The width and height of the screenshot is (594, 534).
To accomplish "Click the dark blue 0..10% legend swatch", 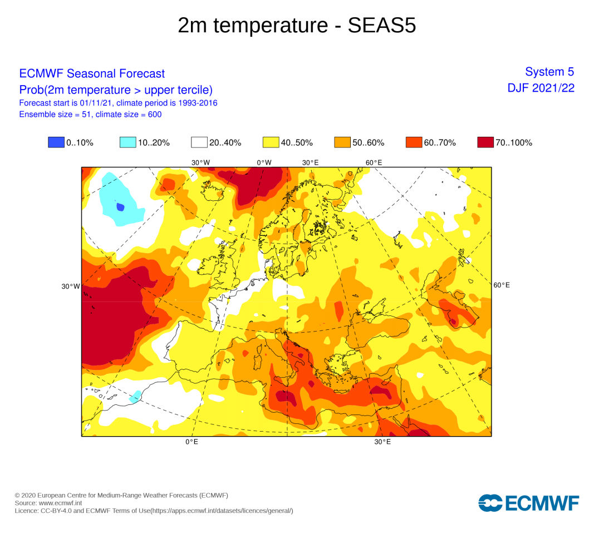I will click(x=56, y=142).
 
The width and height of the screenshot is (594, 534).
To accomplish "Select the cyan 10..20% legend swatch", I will click(x=128, y=142).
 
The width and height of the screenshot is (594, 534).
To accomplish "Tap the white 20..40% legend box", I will click(x=199, y=142).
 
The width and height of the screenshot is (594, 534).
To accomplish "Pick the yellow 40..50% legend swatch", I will click(x=271, y=142).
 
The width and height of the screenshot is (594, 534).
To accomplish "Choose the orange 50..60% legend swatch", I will click(x=342, y=142).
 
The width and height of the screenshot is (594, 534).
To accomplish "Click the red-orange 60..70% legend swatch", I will click(x=414, y=142).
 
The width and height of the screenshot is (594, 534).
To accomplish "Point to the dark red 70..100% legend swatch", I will click(x=485, y=142).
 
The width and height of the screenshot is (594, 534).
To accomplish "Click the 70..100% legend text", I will click(x=514, y=142).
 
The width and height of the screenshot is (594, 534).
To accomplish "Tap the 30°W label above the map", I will click(x=200, y=162).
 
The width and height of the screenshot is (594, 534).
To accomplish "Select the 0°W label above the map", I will click(x=264, y=162).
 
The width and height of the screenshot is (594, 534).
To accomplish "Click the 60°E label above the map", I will click(x=374, y=162).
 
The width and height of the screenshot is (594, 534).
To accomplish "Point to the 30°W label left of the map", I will click(x=71, y=286).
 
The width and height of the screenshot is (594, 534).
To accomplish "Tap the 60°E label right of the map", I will click(x=502, y=285).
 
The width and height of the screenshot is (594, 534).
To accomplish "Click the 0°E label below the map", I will click(x=192, y=442).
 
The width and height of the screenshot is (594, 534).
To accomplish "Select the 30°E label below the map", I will click(x=382, y=442).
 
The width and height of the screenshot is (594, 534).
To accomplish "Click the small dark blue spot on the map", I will click(x=120, y=207).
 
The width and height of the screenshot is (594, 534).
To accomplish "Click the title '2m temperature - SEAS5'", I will click(x=297, y=26).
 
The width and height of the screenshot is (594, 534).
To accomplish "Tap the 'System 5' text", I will click(x=549, y=72).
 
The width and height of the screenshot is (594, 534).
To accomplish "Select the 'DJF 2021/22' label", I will click(x=541, y=88).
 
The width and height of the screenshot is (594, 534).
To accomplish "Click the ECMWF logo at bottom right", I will click(x=528, y=503).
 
